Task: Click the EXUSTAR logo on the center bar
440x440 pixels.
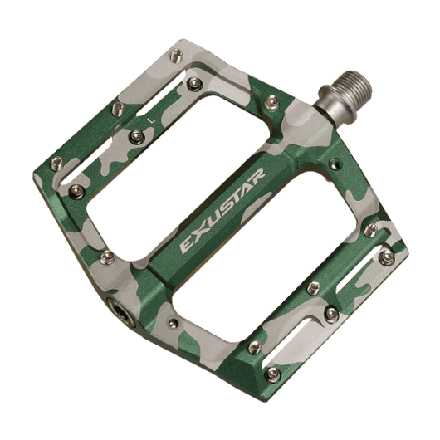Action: click(222, 211)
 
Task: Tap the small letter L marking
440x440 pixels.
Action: click(153, 120)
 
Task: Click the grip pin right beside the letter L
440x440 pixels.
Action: click(137, 136)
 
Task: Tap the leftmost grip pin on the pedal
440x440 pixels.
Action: click(57, 163)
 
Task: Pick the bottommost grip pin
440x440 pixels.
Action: click(272, 374)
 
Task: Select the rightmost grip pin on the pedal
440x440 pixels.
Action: click(387, 257)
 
